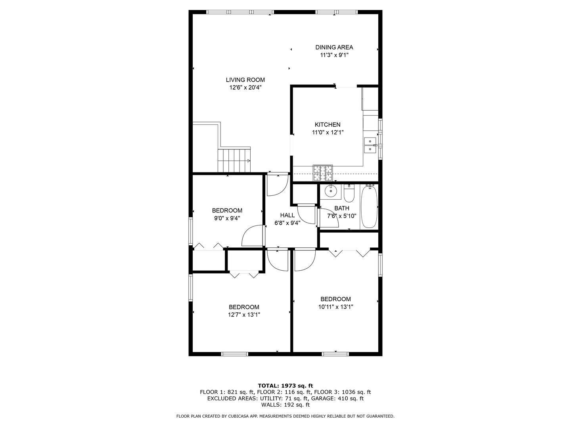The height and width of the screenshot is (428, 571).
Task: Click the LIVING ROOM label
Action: [245, 80]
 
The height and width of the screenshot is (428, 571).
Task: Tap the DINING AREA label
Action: [334, 47]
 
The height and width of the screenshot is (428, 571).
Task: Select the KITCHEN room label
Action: [328, 124]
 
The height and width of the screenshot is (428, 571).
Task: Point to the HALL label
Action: [287, 215]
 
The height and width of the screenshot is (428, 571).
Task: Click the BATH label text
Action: [341, 208]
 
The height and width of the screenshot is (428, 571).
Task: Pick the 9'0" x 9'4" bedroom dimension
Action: [227, 218]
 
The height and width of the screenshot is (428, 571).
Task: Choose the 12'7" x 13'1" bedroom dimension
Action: [244, 315]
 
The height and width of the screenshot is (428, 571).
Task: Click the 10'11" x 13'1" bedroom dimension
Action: [335, 307]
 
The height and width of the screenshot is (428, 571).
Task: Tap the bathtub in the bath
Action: [369, 207]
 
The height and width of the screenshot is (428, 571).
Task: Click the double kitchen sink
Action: [370, 145]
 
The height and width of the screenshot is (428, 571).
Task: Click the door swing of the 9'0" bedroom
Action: [252, 236]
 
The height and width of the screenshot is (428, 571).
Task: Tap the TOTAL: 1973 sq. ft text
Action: [285, 385]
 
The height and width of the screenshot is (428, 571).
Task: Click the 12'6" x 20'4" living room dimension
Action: [245, 88]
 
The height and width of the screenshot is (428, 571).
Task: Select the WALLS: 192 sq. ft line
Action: [285, 405]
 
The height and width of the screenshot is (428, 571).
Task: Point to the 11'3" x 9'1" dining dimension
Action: [334, 55]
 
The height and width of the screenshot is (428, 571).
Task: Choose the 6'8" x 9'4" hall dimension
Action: [287, 223]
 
